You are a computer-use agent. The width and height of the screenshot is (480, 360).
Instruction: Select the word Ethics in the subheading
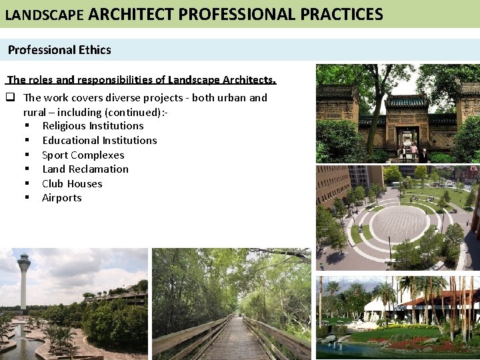pyautogui.click(x=95, y=49)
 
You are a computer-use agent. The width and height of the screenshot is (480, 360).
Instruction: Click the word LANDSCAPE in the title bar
pyautogui.click(x=44, y=14)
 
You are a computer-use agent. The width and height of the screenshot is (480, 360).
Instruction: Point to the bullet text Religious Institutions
pyautogui.click(x=93, y=125)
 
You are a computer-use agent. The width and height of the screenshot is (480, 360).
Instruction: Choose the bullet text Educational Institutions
pyautogui.click(x=99, y=140)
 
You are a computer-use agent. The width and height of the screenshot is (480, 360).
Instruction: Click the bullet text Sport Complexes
pyautogui.click(x=83, y=155)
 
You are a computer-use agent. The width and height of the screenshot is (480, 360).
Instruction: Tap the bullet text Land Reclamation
pyautogui.click(x=85, y=169)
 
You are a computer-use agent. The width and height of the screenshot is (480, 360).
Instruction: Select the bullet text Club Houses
pyautogui.click(x=72, y=183)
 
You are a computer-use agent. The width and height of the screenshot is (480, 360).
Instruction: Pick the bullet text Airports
pyautogui.click(x=62, y=197)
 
